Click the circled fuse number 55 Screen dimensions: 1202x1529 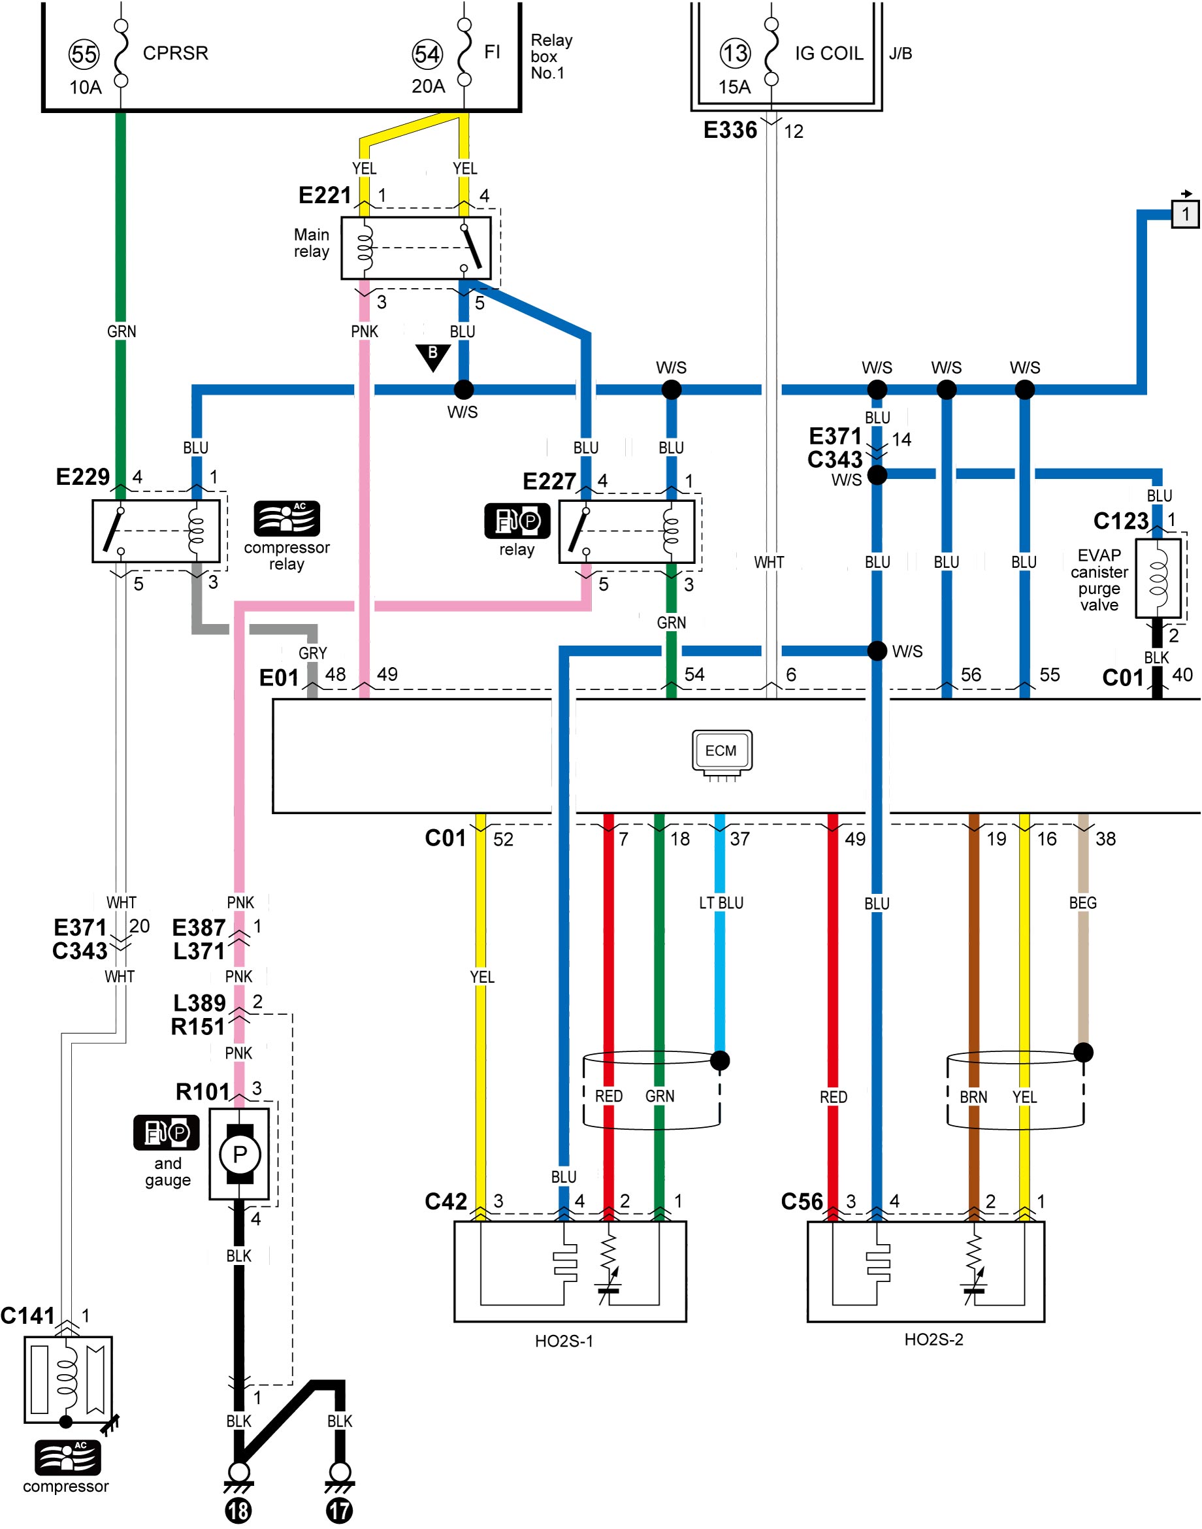point(84,54)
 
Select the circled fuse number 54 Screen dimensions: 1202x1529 point(427,54)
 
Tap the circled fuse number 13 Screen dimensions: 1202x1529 point(736,53)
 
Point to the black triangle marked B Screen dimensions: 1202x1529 point(433,356)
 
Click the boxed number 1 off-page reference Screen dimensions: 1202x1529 point(1185,213)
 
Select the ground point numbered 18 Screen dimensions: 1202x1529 point(238,1510)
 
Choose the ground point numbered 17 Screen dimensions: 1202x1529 point(339,1510)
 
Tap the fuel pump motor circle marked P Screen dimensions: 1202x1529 point(239,1154)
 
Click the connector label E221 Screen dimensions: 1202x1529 point(325,195)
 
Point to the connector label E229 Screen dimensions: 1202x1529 point(83,476)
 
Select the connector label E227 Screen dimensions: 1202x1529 point(549,481)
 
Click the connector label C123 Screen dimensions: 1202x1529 point(1120,520)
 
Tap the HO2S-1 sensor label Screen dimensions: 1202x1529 point(564,1341)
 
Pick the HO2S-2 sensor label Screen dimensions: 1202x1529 point(934,1339)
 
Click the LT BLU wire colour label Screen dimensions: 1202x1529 point(721,902)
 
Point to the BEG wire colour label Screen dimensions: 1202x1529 point(1082,902)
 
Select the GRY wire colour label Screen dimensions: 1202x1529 point(312,653)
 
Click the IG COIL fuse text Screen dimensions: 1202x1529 point(829,54)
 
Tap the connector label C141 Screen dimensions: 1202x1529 point(27,1315)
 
